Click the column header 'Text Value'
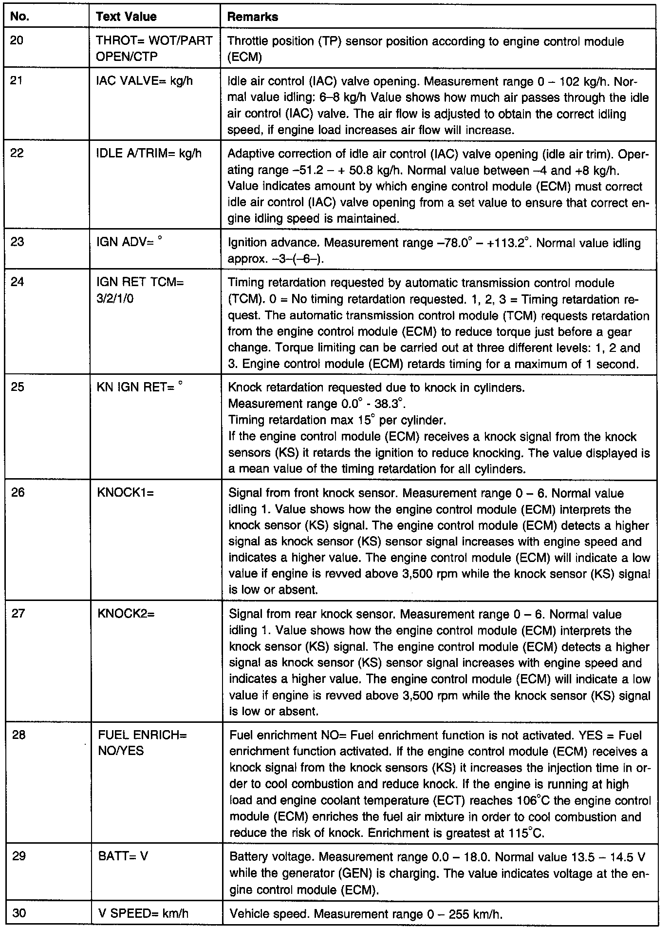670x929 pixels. coord(126,17)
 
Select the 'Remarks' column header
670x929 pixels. coord(253,17)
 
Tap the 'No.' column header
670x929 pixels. coord(19,17)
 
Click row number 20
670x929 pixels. coord(17,40)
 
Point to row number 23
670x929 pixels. coord(17,242)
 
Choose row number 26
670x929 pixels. coord(18,492)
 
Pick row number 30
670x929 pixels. coord(19,913)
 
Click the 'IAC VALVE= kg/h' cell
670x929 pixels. coord(144,80)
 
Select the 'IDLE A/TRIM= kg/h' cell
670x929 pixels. coord(149,153)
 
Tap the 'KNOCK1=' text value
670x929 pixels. coord(125,492)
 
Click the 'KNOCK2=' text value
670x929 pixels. coord(126,614)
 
